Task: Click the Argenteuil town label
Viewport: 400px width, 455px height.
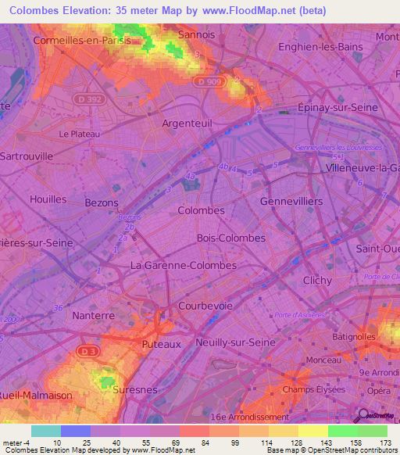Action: pyautogui.click(x=187, y=123)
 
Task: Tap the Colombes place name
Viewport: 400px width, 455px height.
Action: pyautogui.click(x=201, y=210)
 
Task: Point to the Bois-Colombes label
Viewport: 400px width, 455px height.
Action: pyautogui.click(x=231, y=238)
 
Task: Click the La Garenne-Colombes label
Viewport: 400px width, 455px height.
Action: pyautogui.click(x=184, y=265)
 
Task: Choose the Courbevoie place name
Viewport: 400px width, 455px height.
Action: pyautogui.click(x=205, y=306)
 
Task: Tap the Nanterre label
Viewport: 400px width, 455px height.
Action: pyautogui.click(x=93, y=315)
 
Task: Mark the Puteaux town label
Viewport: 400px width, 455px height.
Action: pyautogui.click(x=162, y=343)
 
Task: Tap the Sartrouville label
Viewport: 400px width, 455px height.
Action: pyautogui.click(x=27, y=156)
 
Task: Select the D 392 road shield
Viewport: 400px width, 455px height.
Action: pyautogui.click(x=91, y=99)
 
